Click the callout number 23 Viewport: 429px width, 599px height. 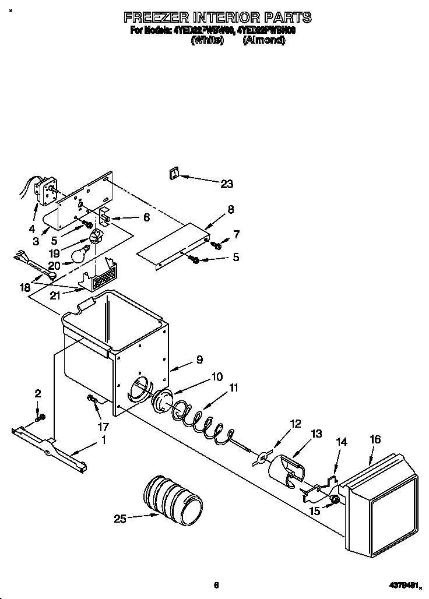(226, 184)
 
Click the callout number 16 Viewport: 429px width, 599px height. (375, 439)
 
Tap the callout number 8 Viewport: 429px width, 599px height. (231, 209)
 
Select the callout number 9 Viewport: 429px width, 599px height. (199, 360)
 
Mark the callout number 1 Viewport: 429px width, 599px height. (104, 440)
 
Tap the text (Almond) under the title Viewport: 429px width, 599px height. (263, 40)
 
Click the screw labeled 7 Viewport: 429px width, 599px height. (217, 245)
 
